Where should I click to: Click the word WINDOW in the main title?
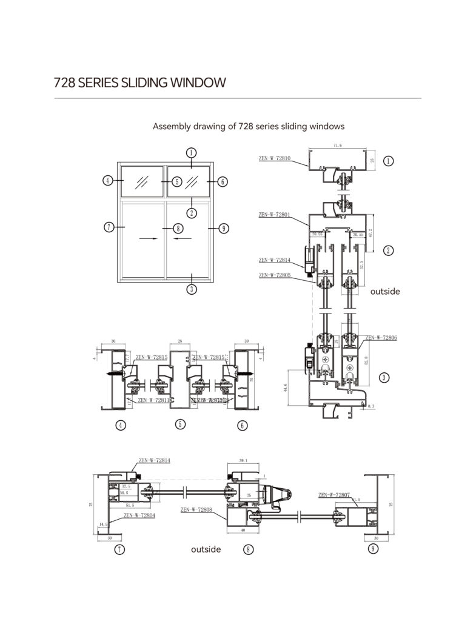(x=192, y=82)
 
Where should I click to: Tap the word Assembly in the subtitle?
(x=170, y=127)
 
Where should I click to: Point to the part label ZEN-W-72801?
(x=275, y=214)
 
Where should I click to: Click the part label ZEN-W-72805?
(x=275, y=275)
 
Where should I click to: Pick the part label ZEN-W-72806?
(x=381, y=337)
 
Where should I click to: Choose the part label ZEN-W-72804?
(x=139, y=515)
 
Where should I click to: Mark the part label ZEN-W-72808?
(x=196, y=510)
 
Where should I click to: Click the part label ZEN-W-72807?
(x=334, y=495)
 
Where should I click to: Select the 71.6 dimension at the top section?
(x=338, y=146)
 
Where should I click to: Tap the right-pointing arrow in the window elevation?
(x=147, y=239)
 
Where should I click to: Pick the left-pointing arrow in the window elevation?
(x=181, y=239)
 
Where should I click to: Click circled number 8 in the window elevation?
(x=178, y=228)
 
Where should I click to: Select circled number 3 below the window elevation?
(x=191, y=289)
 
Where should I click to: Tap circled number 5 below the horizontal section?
(x=180, y=424)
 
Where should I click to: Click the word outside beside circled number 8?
(x=206, y=549)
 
